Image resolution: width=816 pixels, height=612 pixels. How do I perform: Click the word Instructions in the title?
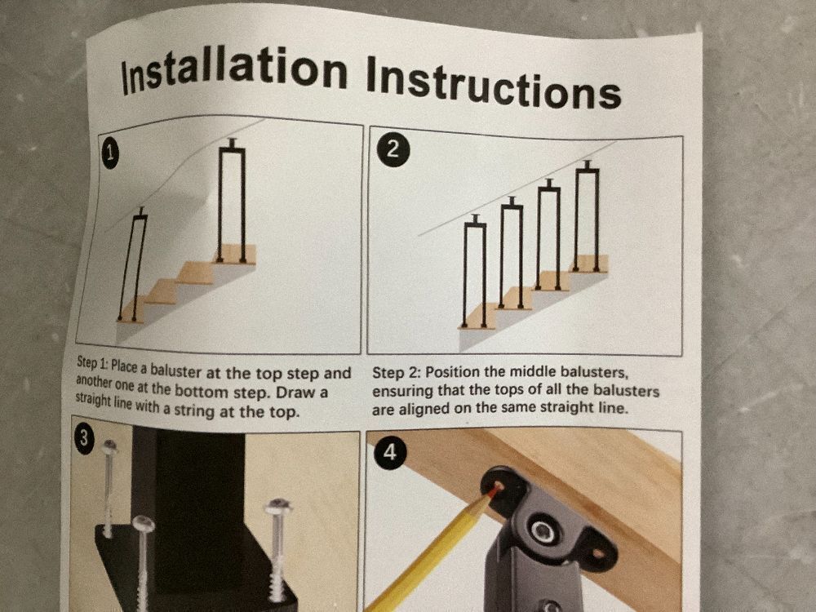click(x=494, y=82)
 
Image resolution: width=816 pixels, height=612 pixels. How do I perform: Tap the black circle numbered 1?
click(x=110, y=154)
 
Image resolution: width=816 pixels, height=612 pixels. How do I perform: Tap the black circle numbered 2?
click(x=394, y=150)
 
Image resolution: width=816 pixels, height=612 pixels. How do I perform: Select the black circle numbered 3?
click(x=83, y=439)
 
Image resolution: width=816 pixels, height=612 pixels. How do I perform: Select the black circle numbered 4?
click(x=390, y=454)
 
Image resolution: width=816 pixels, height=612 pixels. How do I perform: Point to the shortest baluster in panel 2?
click(x=475, y=272)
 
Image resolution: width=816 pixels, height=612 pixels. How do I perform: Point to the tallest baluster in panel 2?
click(x=587, y=216)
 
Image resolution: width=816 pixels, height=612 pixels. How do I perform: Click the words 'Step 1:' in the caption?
click(x=92, y=364)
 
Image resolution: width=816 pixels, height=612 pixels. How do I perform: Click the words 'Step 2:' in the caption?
click(x=397, y=372)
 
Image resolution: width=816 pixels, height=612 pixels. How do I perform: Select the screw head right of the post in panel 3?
click(x=277, y=506)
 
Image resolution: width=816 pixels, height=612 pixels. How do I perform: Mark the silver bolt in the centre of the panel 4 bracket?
click(x=543, y=532)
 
